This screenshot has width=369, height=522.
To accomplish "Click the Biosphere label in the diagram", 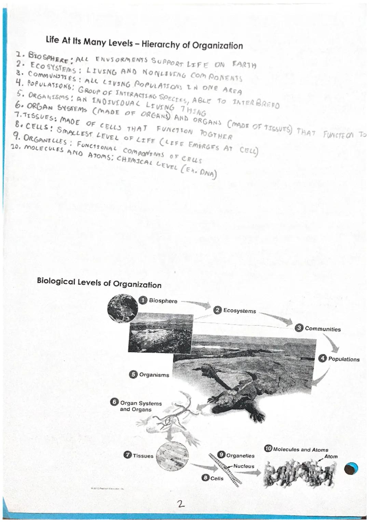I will click(163, 301).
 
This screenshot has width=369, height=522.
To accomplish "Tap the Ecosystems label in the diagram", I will click(239, 311).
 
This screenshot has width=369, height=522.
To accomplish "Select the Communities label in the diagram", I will click(323, 329).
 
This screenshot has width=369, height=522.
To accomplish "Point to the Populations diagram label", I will click(343, 359).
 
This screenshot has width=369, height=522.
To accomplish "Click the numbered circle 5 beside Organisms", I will click(133, 374).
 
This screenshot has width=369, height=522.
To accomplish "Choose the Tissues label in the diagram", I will click(143, 456).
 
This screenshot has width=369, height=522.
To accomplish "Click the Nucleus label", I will click(244, 466).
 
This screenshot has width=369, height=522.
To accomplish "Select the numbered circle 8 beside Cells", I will click(205, 478).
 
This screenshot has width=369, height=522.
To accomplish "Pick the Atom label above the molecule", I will click(330, 456).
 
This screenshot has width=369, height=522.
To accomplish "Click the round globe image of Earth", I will click(122, 309).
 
